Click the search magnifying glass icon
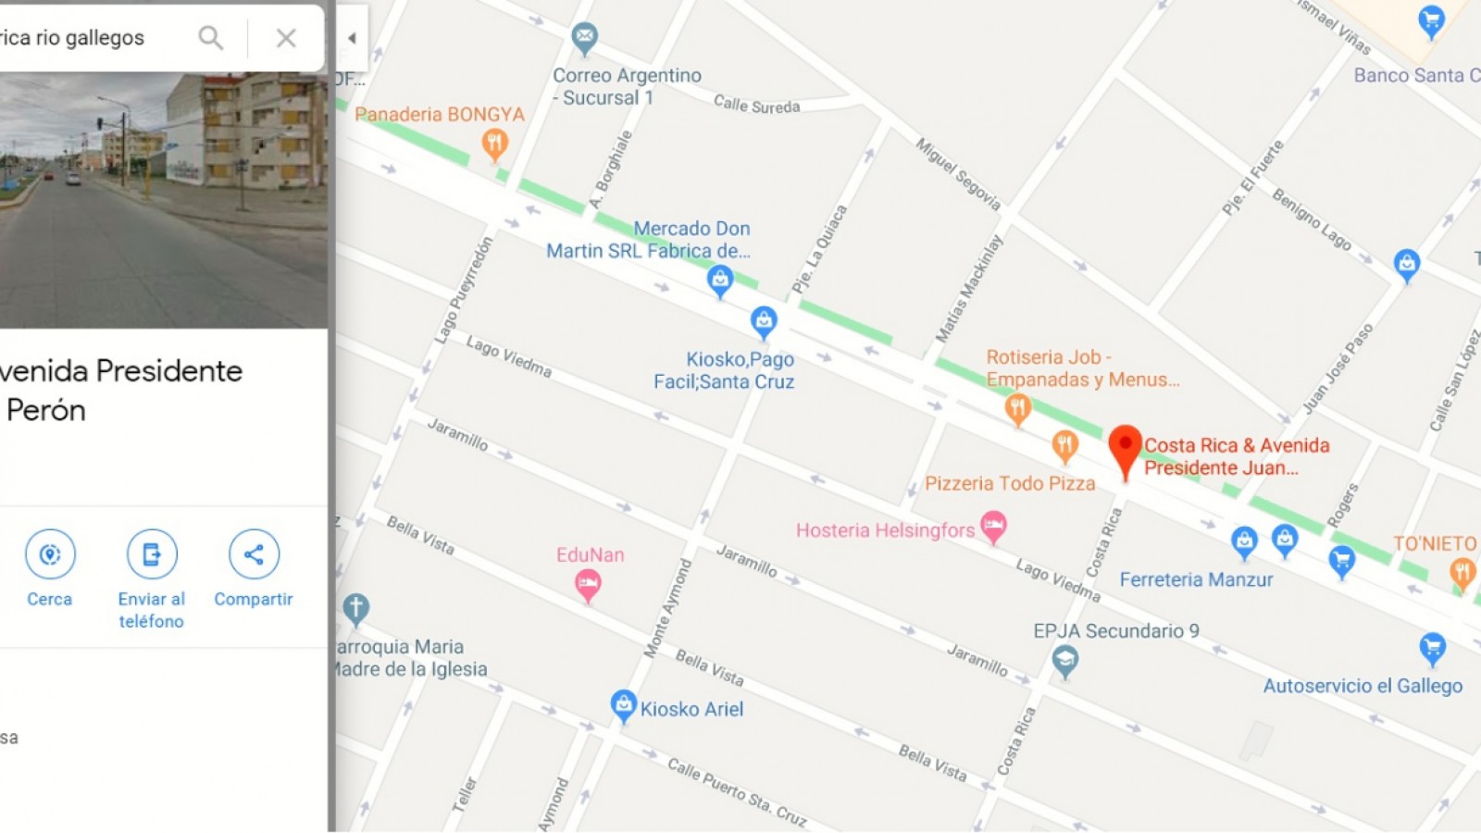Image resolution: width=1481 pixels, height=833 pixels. click(211, 38)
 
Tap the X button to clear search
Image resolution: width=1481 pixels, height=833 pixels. click(286, 38)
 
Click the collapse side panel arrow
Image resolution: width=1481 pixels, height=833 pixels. click(352, 38)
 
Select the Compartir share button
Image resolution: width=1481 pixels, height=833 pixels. click(254, 554)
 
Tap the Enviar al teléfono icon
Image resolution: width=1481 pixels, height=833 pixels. click(152, 554)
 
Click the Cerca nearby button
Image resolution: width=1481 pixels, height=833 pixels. click(50, 554)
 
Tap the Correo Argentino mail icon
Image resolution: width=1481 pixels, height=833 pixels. click(584, 38)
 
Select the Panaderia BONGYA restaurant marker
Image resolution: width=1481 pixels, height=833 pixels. click(494, 143)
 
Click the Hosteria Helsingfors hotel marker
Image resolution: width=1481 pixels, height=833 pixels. click(993, 527)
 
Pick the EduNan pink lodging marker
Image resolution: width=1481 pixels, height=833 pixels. click(588, 584)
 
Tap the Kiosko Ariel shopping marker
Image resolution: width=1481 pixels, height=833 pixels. click(624, 705)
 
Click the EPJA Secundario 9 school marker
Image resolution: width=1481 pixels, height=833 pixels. click(1065, 661)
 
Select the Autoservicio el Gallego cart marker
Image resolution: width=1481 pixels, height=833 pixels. click(1432, 648)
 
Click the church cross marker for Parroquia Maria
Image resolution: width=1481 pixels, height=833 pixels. click(356, 609)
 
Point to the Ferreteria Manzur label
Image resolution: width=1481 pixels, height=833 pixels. click(1196, 579)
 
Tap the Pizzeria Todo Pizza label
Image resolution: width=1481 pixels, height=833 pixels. click(1010, 483)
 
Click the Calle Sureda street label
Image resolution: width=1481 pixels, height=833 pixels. click(756, 106)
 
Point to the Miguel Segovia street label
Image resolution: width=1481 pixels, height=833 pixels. click(958, 173)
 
